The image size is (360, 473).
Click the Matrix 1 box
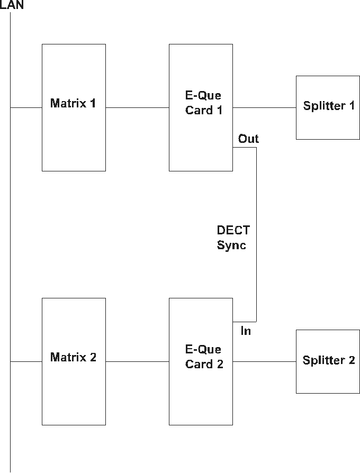[x=74, y=132]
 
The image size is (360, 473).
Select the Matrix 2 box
[x=74, y=392]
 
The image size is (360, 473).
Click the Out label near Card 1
[x=248, y=139]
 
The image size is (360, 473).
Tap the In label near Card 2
[x=246, y=332]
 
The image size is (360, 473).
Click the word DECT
[x=233, y=231]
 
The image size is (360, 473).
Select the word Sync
[x=231, y=245]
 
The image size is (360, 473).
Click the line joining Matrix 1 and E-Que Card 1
[x=137, y=108]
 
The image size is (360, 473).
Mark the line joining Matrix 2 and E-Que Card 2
[x=137, y=362]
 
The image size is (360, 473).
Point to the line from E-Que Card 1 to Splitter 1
[x=264, y=108]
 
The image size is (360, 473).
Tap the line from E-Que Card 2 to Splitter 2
[x=264, y=362]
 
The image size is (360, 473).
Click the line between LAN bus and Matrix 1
[x=26, y=108]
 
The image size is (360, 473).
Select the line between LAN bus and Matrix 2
[x=26, y=362]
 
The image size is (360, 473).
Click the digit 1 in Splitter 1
[x=352, y=106]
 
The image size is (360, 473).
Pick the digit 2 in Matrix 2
[x=93, y=358]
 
